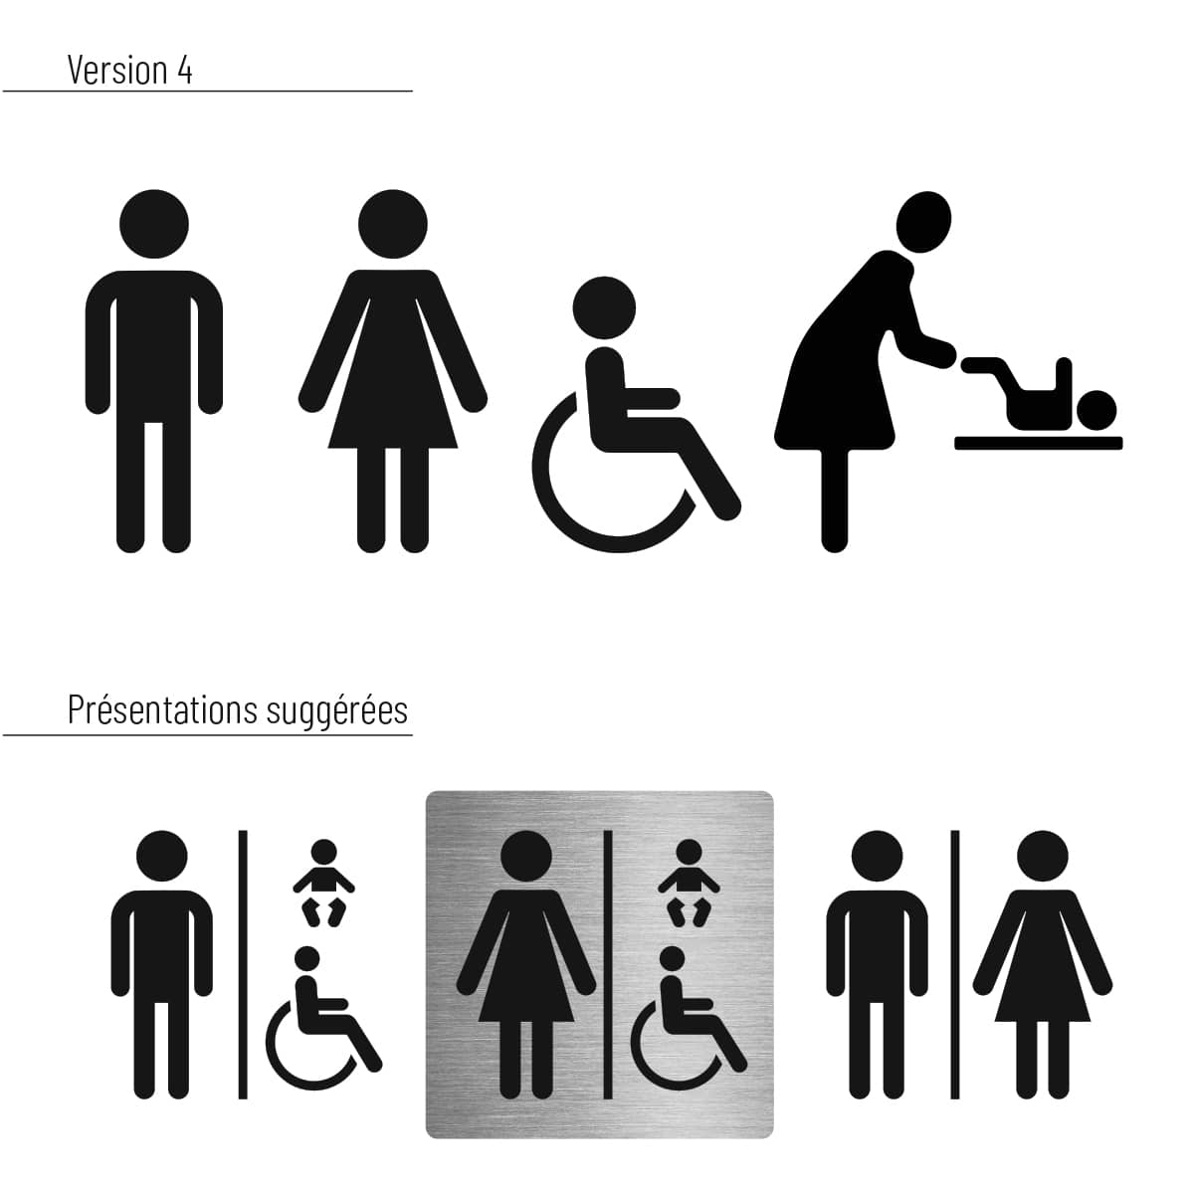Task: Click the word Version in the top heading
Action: pyautogui.click(x=117, y=70)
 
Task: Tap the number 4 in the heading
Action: pyautogui.click(x=185, y=71)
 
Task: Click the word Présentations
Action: pyautogui.click(x=162, y=710)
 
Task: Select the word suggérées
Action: pyautogui.click(x=337, y=712)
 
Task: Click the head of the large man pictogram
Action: pyautogui.click(x=154, y=224)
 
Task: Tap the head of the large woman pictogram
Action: pyautogui.click(x=393, y=224)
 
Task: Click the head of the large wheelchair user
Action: pyautogui.click(x=604, y=307)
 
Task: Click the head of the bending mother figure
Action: pyautogui.click(x=924, y=222)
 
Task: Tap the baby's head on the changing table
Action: pyautogui.click(x=1096, y=410)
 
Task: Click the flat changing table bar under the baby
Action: pyautogui.click(x=1039, y=444)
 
